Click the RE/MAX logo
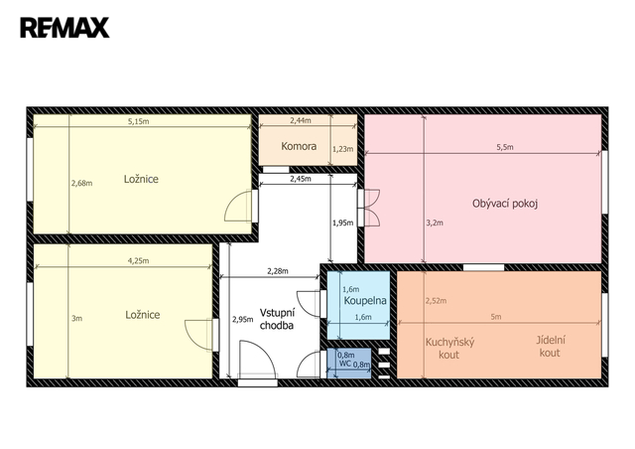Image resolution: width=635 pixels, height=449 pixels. (x=64, y=28)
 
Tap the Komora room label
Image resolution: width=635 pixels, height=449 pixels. (x=299, y=146)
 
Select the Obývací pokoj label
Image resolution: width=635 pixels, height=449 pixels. (x=505, y=204)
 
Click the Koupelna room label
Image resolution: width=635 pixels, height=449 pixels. (x=365, y=301)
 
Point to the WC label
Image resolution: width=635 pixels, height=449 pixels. (x=345, y=363)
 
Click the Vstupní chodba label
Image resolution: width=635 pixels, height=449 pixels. (x=278, y=319)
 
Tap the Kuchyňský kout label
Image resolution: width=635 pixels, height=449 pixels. (x=449, y=349)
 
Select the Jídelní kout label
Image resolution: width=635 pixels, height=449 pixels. (x=551, y=347)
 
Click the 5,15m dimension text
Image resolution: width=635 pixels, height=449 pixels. (x=139, y=121)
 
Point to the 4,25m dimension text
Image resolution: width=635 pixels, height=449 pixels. (x=139, y=261)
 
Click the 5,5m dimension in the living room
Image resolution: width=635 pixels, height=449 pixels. (x=505, y=147)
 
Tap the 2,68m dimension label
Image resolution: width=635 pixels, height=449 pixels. (x=81, y=184)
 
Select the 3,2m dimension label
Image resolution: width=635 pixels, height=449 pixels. (x=435, y=223)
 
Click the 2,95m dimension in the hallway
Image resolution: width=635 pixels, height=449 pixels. (x=242, y=319)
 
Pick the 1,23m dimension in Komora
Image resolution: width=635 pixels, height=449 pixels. (x=342, y=149)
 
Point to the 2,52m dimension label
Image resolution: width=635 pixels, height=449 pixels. (x=436, y=301)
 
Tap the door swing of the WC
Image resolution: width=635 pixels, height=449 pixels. (x=309, y=364)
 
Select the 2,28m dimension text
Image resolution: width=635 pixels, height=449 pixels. (x=278, y=271)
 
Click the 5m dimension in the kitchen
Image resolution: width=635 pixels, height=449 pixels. (x=496, y=317)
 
